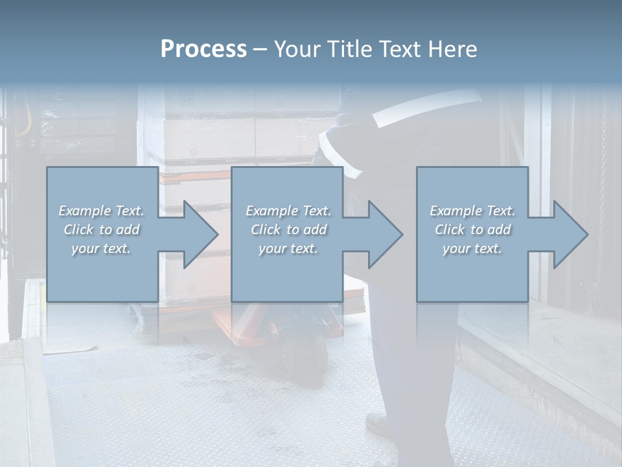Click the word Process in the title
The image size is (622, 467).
[203, 49]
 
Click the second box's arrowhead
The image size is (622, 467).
[383, 235]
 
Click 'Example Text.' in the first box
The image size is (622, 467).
[101, 211]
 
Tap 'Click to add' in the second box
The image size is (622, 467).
[288, 230]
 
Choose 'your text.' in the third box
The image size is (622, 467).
[472, 248]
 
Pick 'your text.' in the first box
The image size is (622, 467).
[101, 248]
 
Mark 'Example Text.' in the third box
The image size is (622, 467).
[472, 211]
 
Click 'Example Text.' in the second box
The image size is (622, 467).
[288, 211]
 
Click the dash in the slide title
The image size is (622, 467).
[260, 49]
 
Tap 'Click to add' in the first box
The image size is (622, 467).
[101, 230]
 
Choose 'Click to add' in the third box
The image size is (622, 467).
[472, 230]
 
